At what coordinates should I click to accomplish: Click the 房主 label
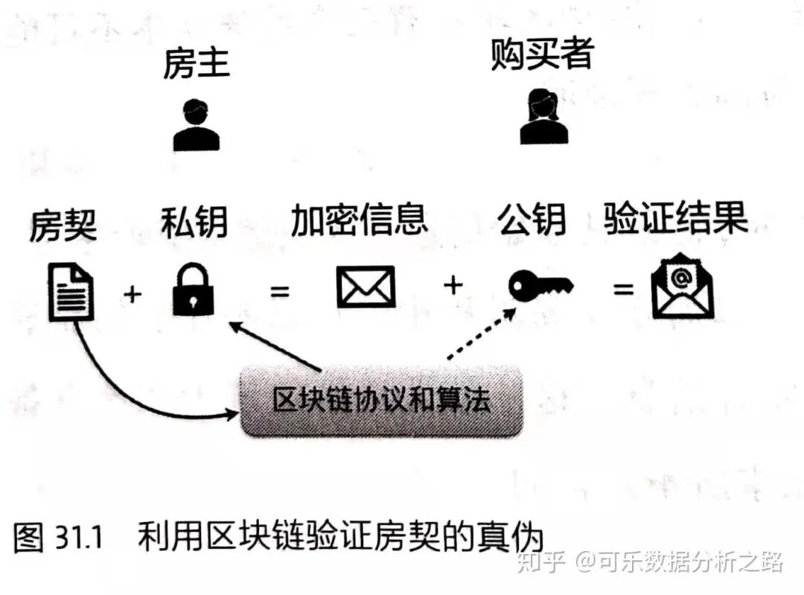[197, 65]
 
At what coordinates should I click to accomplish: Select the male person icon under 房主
[197, 124]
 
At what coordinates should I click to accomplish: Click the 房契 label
[63, 224]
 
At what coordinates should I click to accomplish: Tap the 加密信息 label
[359, 220]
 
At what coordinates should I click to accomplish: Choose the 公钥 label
[532, 220]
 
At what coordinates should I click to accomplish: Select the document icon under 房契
[71, 293]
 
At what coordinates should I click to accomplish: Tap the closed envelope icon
[366, 287]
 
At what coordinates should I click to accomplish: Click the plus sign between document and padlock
[133, 293]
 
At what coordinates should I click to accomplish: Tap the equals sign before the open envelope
[622, 288]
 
